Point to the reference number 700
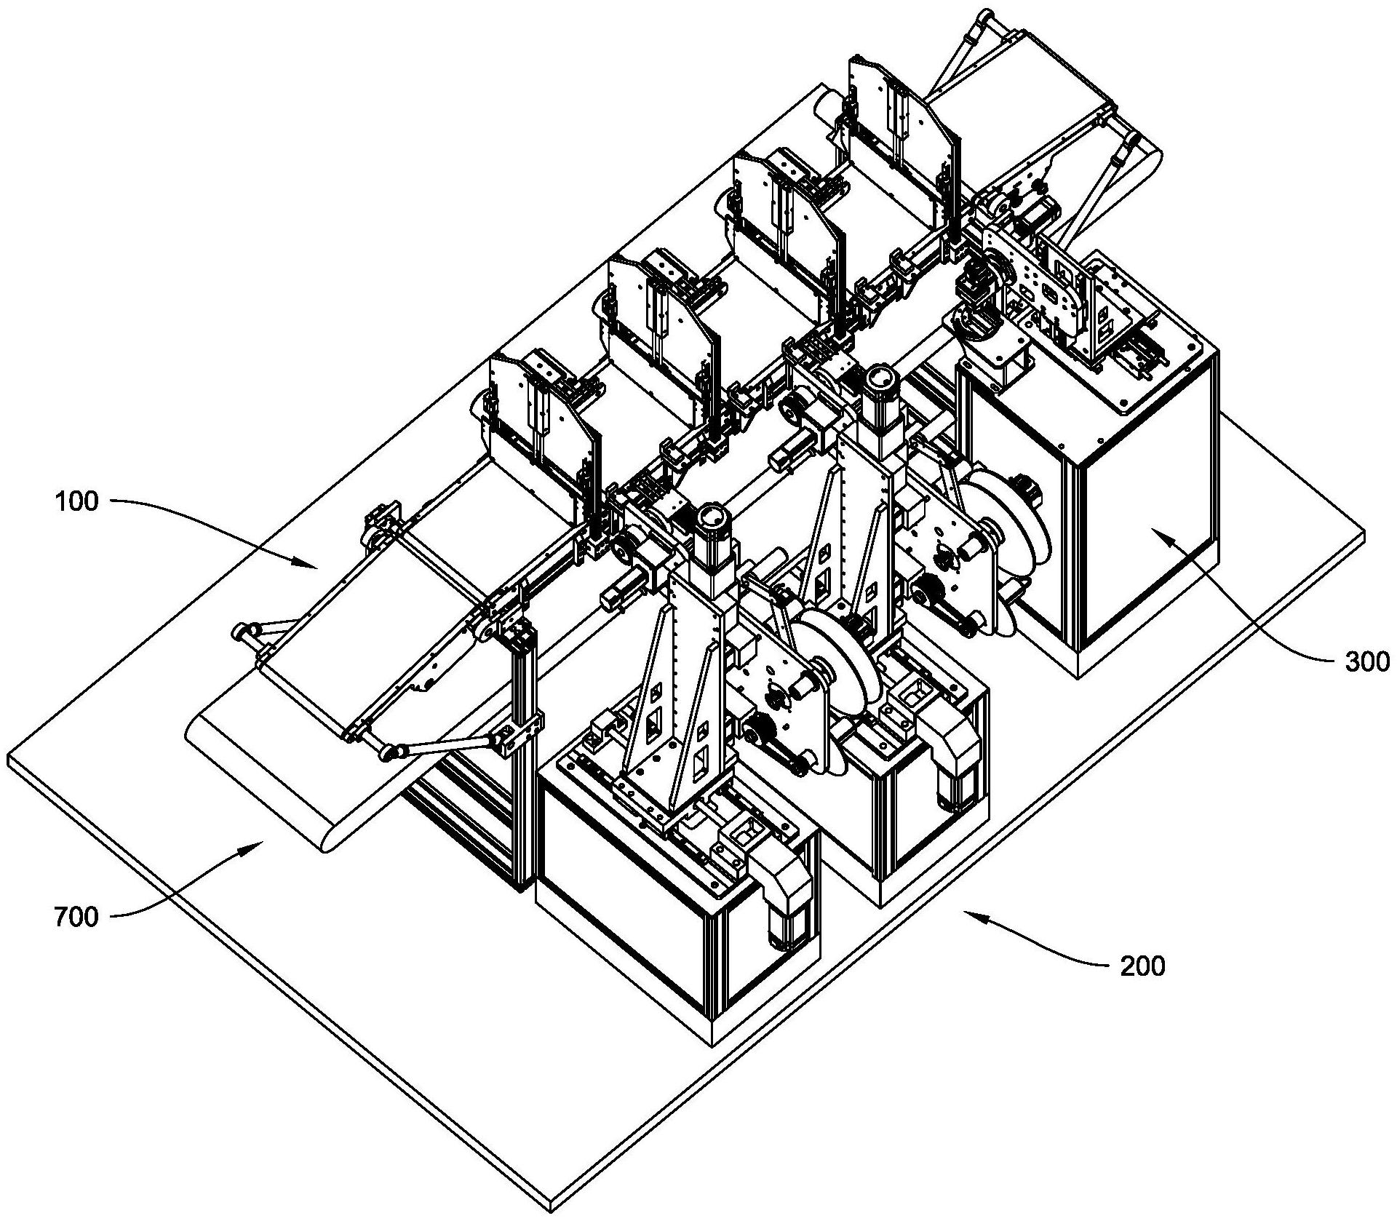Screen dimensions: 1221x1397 coord(76,918)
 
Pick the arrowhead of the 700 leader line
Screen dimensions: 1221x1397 coord(262,840)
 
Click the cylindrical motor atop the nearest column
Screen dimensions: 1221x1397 coord(710,521)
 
